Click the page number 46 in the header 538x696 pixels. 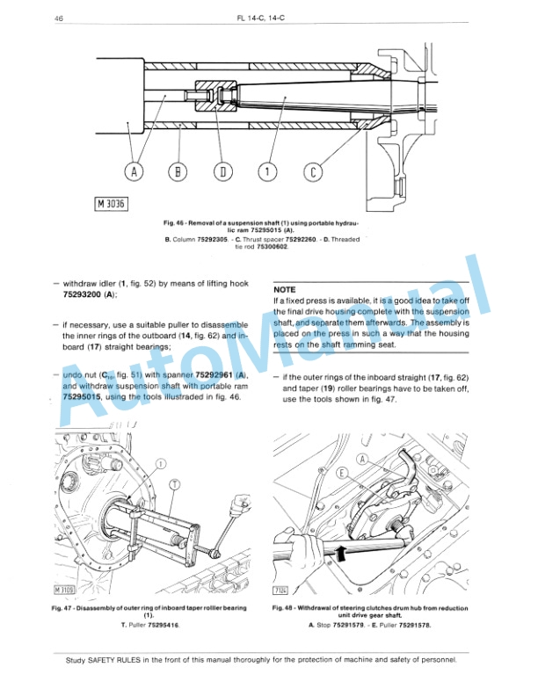pyautogui.click(x=58, y=18)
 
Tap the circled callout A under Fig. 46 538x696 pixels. pyautogui.click(x=134, y=171)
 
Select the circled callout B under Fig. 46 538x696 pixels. pyautogui.click(x=179, y=171)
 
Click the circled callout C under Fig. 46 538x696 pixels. pyautogui.click(x=312, y=171)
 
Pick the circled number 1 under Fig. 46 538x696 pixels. pyautogui.click(x=268, y=171)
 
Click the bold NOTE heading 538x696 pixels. pyautogui.click(x=285, y=289)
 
